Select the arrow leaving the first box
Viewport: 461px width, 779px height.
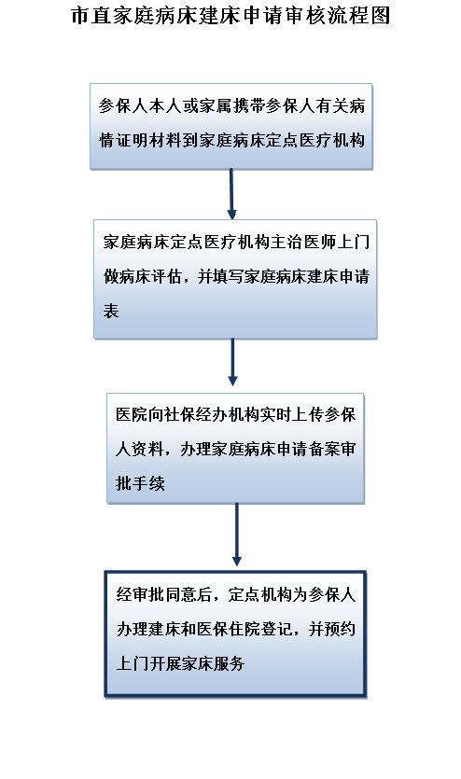(231, 194)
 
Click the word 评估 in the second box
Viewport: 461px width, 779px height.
(167, 276)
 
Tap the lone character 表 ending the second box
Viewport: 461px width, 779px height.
(111, 311)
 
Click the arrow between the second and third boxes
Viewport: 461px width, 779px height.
(232, 362)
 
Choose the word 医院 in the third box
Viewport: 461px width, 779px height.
(132, 415)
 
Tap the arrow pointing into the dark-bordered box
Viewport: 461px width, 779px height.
(237, 535)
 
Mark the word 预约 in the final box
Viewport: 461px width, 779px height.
(341, 630)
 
